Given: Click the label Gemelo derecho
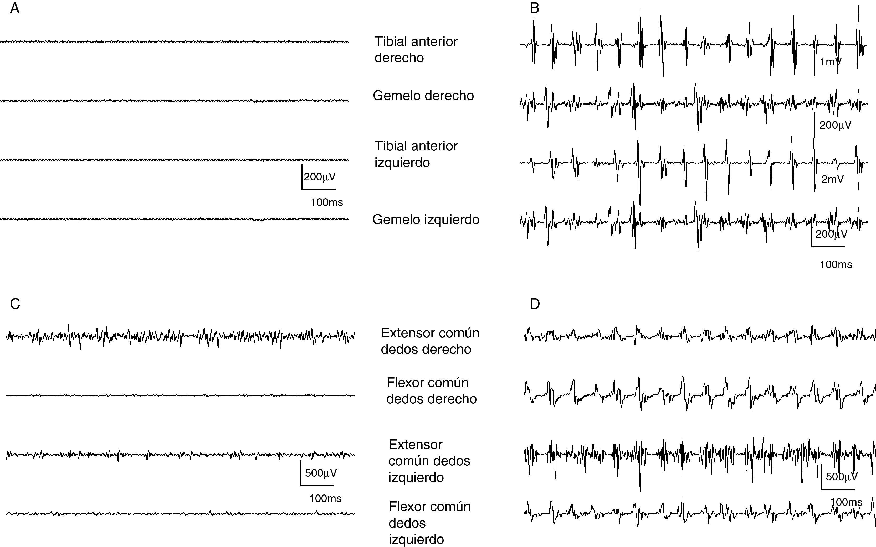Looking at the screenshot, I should click(x=423, y=96).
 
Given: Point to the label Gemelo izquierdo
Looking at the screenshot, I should click(x=426, y=220).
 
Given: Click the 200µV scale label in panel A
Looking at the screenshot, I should click(x=320, y=177).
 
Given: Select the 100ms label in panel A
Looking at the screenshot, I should click(x=326, y=202).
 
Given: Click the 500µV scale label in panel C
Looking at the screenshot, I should click(x=321, y=473).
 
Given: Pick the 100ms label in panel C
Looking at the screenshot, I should click(x=325, y=498).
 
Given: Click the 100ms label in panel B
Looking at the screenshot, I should click(x=836, y=264).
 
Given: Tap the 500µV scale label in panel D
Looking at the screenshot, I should click(x=842, y=476).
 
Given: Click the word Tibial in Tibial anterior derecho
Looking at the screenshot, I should click(x=391, y=41).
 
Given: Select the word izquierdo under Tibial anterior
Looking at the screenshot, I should click(x=402, y=163).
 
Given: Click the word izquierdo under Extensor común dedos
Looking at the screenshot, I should click(x=416, y=477).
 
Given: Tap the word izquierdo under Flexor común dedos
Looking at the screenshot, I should click(x=416, y=539).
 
